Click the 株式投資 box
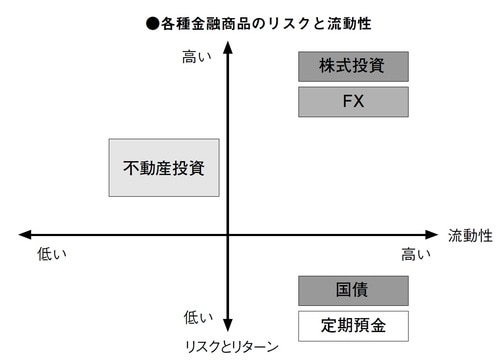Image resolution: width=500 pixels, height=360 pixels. (353, 67)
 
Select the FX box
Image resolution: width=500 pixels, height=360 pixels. (353, 102)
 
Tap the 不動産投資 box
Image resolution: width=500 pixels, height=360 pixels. (163, 167)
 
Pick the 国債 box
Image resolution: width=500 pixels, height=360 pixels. (353, 291)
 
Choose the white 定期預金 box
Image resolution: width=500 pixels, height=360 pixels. (353, 325)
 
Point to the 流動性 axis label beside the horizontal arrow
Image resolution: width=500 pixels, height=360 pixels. (470, 235)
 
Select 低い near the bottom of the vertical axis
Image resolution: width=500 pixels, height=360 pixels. (197, 317)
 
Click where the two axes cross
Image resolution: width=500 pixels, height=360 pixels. (229, 235)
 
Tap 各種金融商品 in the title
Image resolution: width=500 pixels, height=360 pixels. (193, 22)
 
